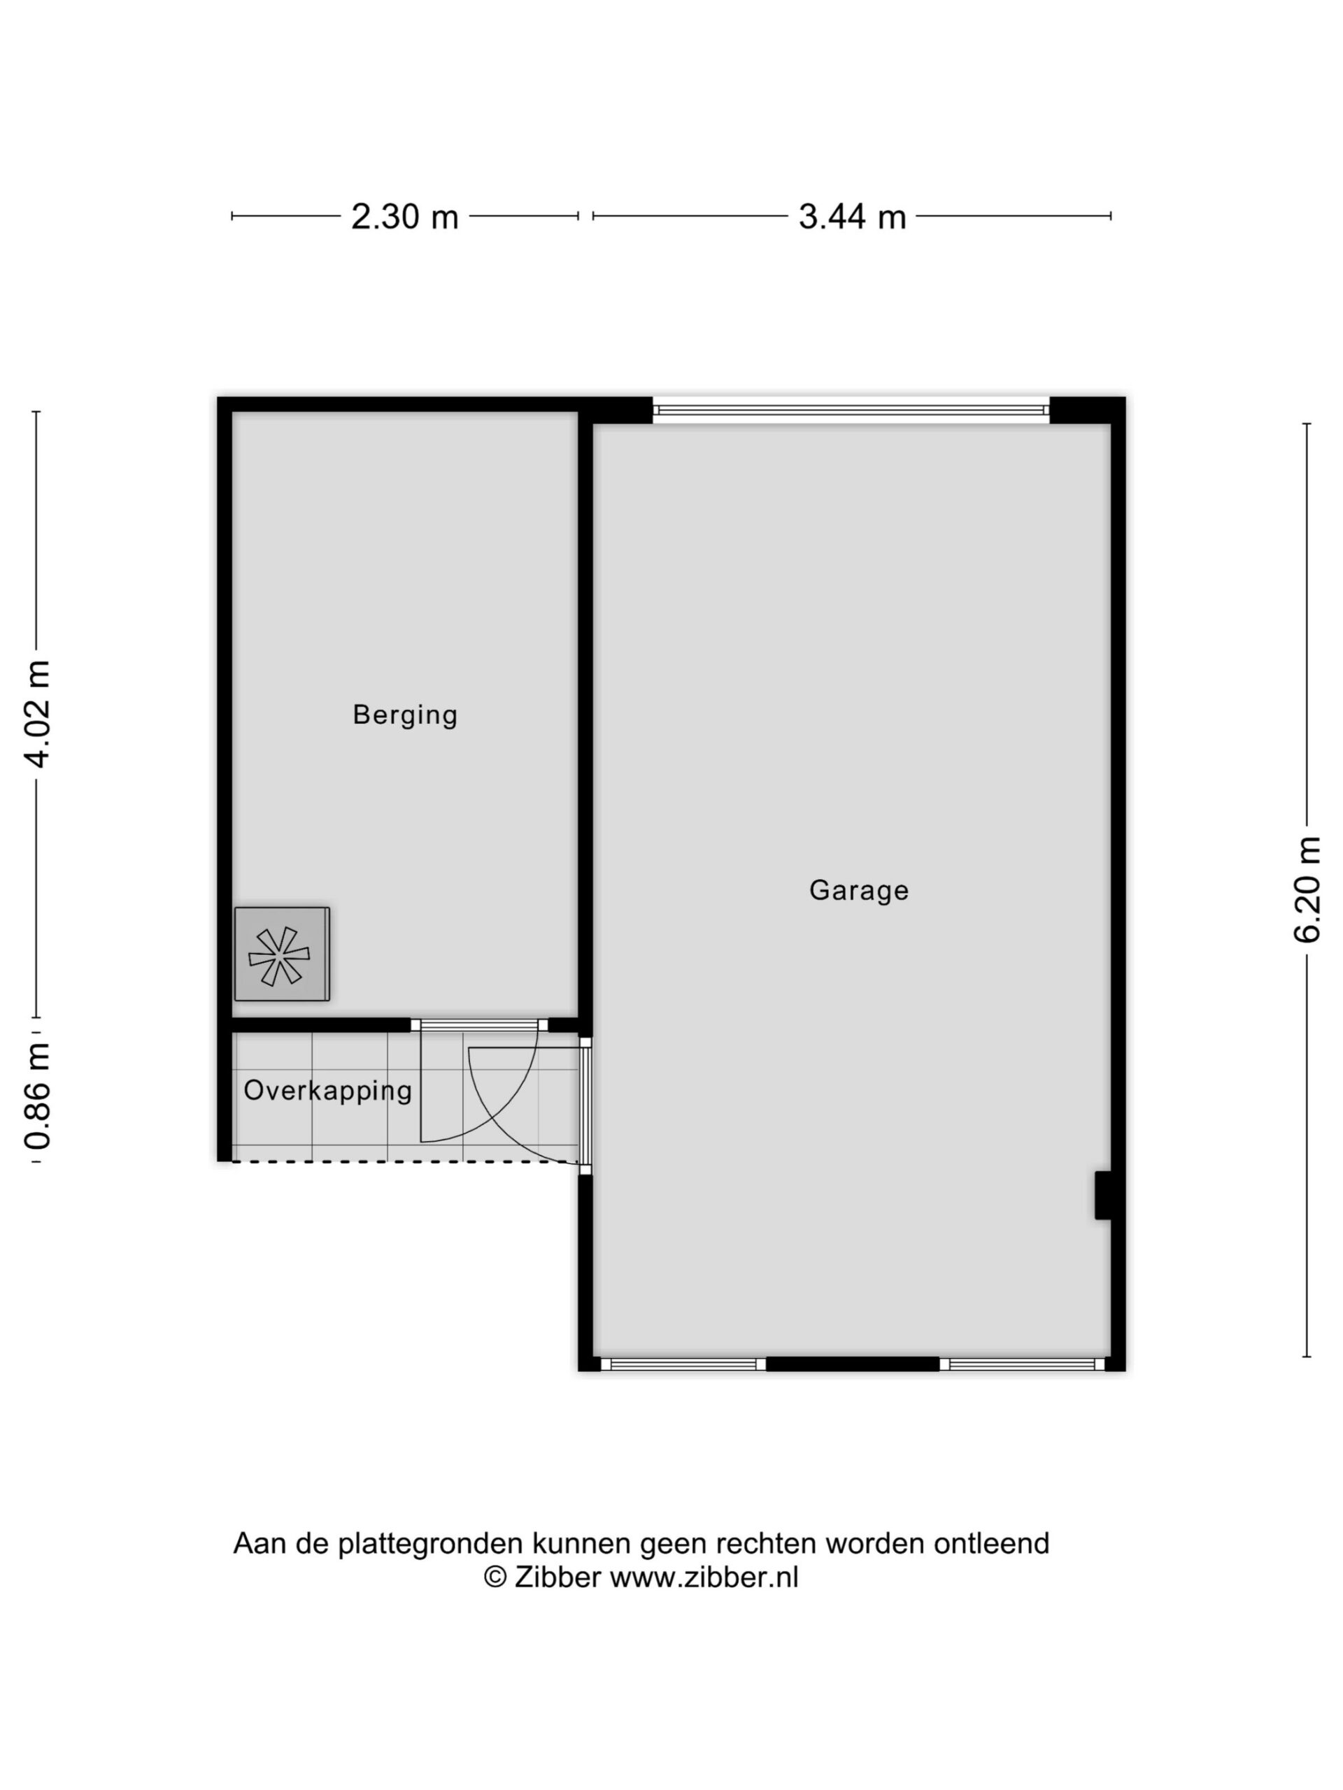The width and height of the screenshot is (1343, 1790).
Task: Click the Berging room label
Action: (405, 715)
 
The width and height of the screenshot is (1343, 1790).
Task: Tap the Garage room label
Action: (859, 890)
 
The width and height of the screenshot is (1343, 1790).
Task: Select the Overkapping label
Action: (328, 1091)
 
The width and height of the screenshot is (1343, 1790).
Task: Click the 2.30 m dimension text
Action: (405, 217)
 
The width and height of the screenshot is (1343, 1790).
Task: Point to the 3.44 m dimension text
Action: (852, 217)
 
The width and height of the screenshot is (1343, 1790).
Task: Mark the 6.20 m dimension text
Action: (1307, 889)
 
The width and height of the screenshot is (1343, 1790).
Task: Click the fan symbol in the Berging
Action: (282, 954)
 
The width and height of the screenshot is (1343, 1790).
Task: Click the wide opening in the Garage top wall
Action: (851, 410)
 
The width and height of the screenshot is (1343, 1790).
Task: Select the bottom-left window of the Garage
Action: (683, 1363)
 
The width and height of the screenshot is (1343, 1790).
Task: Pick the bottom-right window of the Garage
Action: (1023, 1363)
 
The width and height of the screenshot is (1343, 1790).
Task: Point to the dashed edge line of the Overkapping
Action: (405, 1162)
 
